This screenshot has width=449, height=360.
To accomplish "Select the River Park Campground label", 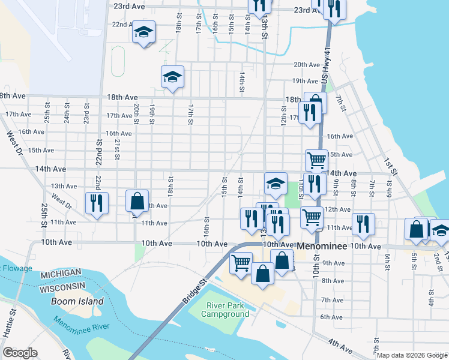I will click(x=226, y=310).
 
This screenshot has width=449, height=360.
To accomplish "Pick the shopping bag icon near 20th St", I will click(x=137, y=200).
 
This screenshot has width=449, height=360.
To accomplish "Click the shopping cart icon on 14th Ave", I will click(x=316, y=160).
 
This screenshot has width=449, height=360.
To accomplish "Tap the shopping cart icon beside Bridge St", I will click(x=241, y=262).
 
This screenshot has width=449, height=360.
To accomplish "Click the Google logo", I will click(x=20, y=352).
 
